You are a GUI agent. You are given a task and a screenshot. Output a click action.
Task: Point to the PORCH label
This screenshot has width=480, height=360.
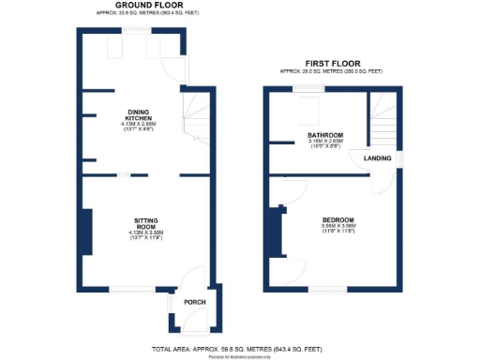[x=194, y=302]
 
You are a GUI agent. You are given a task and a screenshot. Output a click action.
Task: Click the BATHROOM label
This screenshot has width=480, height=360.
[x=325, y=136]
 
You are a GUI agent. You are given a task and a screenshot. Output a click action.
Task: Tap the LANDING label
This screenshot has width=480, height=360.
[x=378, y=158]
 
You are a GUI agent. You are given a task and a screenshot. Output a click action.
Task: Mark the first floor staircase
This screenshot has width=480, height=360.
[x=382, y=120]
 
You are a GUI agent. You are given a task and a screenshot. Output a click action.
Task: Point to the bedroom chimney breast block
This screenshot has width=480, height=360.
[x=275, y=231]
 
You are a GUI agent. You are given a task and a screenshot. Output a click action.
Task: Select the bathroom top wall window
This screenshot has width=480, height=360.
[x=307, y=88]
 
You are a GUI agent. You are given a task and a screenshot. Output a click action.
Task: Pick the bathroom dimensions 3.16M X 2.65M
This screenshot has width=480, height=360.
[x=325, y=142]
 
